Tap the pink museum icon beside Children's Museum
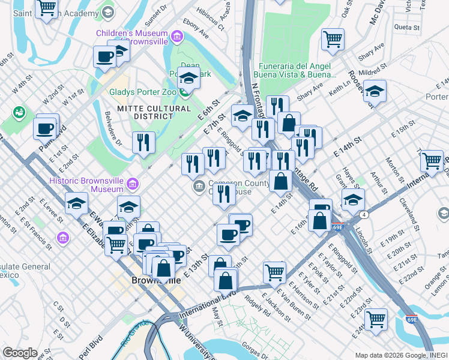(176, 37)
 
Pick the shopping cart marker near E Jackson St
(274, 271)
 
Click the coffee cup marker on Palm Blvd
(46, 128)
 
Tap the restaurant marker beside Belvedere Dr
(143, 142)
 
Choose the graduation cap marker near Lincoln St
(353, 199)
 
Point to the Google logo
(20, 353)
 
